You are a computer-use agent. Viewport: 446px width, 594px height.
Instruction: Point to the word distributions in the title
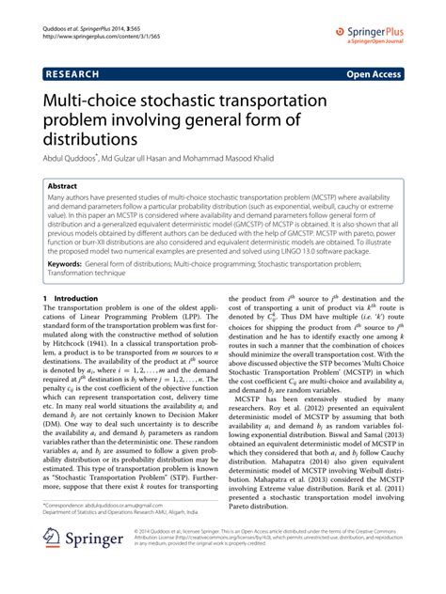(x=97, y=139)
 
